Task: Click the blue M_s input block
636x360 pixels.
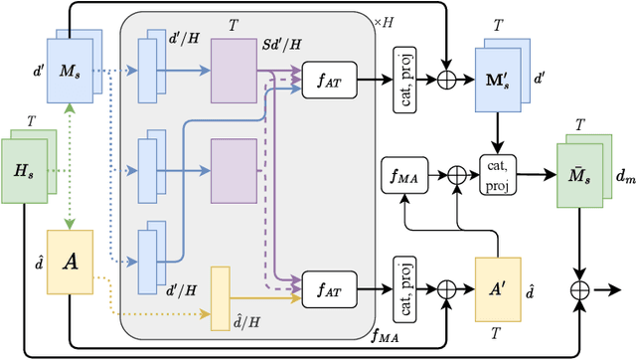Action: [65, 72]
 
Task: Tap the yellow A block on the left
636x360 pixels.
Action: [69, 262]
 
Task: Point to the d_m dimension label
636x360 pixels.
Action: [621, 178]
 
